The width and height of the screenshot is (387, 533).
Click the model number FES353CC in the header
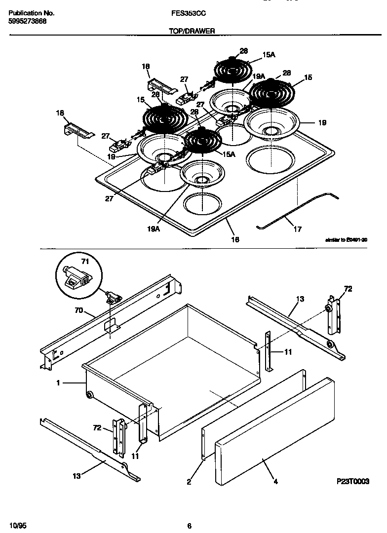click(x=185, y=15)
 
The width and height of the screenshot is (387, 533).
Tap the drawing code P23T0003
click(x=352, y=481)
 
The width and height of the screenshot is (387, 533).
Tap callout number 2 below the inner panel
click(x=189, y=482)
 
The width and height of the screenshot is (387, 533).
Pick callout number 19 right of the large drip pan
click(x=321, y=123)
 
